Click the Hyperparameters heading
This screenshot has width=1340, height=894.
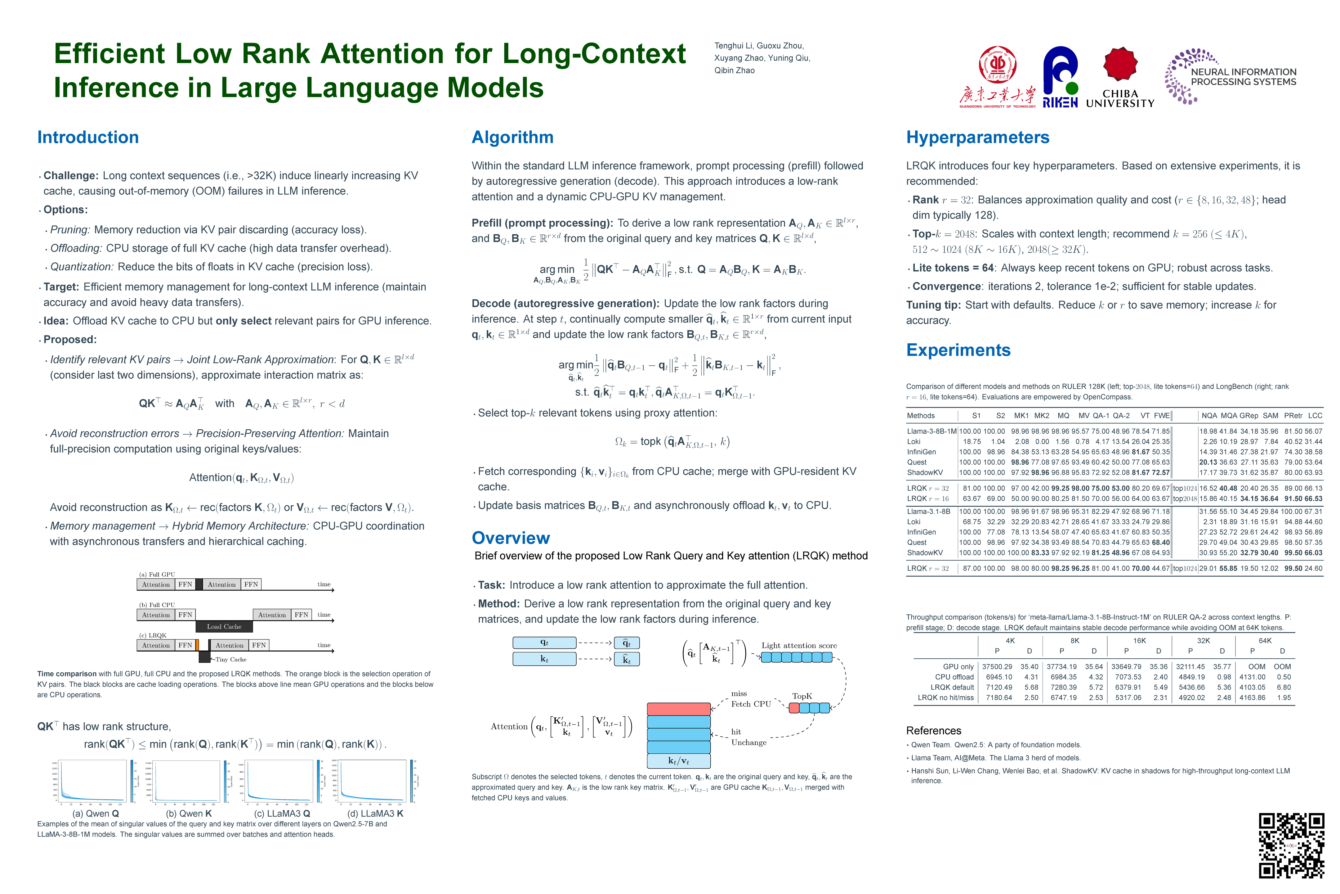pos(978,138)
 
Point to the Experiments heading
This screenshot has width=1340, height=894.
pos(958,350)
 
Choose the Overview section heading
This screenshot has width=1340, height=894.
pos(511,538)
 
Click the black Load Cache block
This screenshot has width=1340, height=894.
pos(224,627)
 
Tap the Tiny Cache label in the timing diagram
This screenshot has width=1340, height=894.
pos(231,660)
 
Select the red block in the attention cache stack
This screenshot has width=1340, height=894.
pos(679,709)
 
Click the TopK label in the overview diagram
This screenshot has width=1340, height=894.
pos(802,696)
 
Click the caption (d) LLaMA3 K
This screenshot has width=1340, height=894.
pos(375,814)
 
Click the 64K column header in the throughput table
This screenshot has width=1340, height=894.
pos(1265,641)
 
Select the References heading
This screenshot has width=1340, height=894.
pos(933,731)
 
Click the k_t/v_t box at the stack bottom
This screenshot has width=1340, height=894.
pos(679,761)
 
